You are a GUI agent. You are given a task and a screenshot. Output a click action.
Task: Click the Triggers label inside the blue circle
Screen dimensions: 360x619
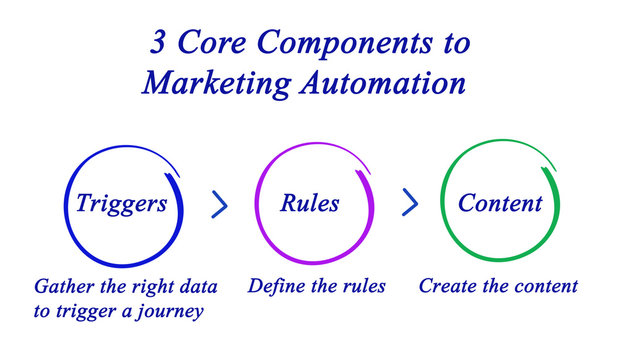pos(121,204)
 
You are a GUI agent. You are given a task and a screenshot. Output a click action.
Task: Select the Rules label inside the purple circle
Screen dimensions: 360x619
pos(309,204)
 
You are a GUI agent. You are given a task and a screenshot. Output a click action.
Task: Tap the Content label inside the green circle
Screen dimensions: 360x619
pos(500,204)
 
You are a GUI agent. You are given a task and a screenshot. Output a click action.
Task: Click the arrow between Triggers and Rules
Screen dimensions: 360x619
pos(220,204)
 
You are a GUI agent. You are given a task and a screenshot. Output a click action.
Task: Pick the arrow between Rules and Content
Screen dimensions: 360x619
pos(410,204)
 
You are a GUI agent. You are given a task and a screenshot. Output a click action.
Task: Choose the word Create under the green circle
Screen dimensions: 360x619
pos(447,287)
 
